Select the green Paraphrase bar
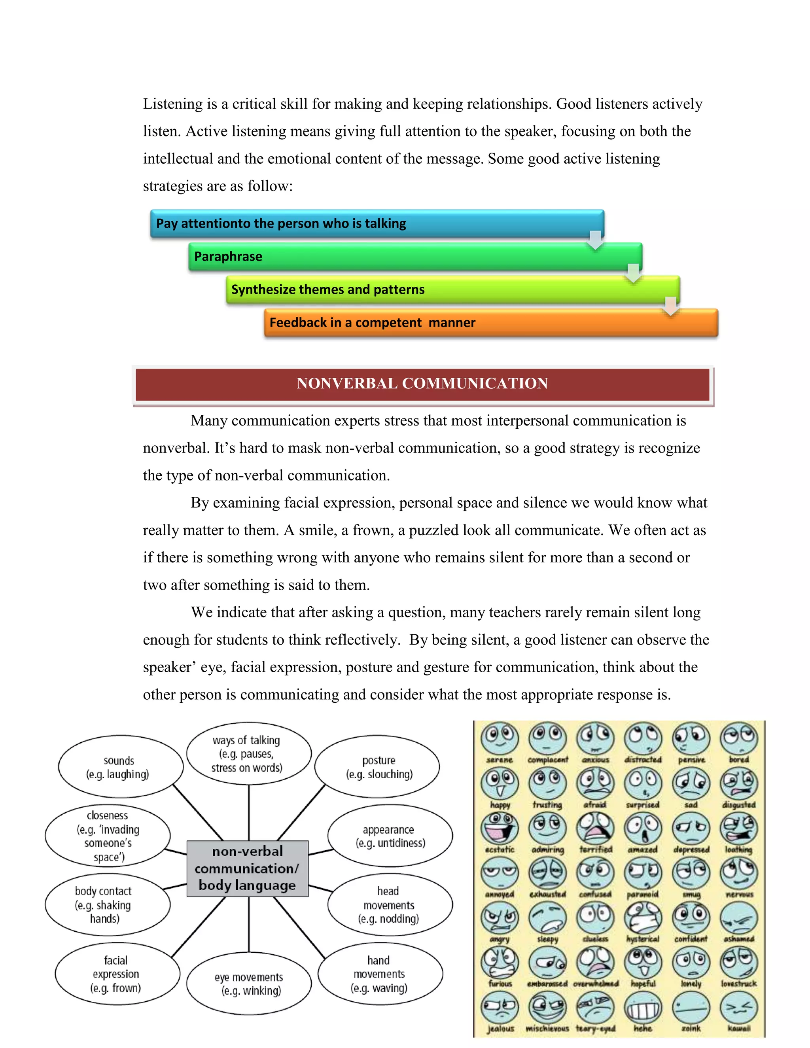click(415, 257)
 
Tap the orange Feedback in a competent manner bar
click(490, 322)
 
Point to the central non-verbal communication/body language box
click(248, 868)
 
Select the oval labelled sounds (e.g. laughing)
click(120, 767)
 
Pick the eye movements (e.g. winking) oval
click(248, 983)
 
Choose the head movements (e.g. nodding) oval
click(389, 904)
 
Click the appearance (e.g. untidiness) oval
click(390, 836)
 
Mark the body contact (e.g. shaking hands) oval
click(108, 904)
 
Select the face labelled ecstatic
click(500, 828)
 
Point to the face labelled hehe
click(643, 1007)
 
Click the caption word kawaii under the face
click(739, 1028)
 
